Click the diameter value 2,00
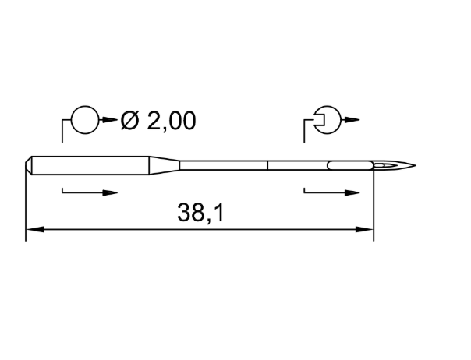[172, 121]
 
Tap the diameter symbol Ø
[129, 121]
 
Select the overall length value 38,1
[200, 213]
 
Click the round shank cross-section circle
[85, 120]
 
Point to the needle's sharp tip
[416, 165]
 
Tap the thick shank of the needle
[90, 165]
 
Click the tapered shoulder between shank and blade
[165, 165]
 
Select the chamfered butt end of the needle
[29, 165]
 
